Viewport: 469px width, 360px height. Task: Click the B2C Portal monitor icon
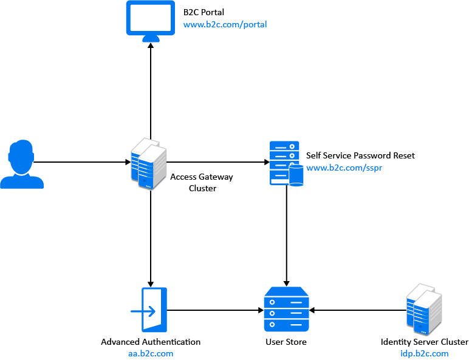click(x=151, y=20)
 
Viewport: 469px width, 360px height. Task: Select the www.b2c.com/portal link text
click(x=225, y=25)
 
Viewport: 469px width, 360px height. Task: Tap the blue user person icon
click(x=22, y=165)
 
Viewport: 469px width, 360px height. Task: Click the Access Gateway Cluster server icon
click(x=149, y=163)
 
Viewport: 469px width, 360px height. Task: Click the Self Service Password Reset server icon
click(x=286, y=163)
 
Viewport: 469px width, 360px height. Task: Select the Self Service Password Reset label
click(x=360, y=156)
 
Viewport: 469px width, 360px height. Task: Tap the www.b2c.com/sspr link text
click(x=344, y=168)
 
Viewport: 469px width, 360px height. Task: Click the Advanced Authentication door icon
click(x=149, y=310)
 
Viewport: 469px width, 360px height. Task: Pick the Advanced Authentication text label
click(x=151, y=342)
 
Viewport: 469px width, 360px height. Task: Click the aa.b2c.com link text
click(x=151, y=353)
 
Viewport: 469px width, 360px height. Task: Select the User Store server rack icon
click(x=286, y=310)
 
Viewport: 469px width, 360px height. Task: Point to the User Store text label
click(x=286, y=342)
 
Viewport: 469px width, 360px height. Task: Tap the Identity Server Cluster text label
click(x=424, y=342)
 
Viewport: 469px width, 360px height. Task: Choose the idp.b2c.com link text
click(x=424, y=353)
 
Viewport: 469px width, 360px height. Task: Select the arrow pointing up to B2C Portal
click(x=151, y=91)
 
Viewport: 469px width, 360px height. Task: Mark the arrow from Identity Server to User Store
click(x=358, y=310)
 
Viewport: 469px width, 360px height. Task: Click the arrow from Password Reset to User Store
click(x=286, y=237)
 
